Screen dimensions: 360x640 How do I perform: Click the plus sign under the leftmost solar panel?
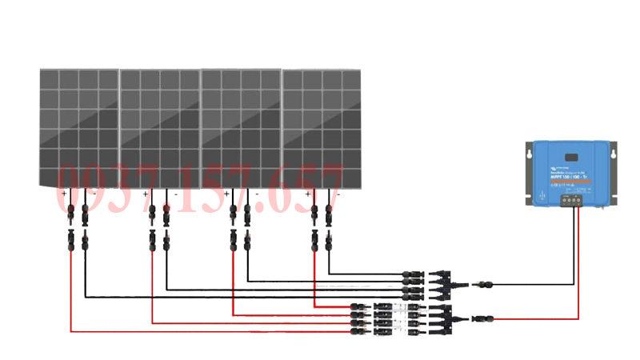coord(64,194)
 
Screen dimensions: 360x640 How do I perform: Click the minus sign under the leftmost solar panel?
coord(93,194)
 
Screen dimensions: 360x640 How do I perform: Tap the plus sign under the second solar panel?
coord(145,194)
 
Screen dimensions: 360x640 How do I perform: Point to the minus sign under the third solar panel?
coord(256,194)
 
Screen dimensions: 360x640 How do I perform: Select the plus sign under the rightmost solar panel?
coord(308,194)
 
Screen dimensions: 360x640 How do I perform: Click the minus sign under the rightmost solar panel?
coord(337,194)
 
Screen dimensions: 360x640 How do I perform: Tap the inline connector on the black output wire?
coord(483,283)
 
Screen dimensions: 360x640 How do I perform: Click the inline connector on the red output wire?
coord(483,319)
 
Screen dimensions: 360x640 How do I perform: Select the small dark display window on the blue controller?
coord(572,157)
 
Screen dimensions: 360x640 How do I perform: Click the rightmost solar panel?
coord(321,128)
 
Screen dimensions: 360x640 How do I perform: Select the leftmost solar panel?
coord(79,128)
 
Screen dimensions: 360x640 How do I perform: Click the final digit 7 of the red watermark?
coord(330,190)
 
